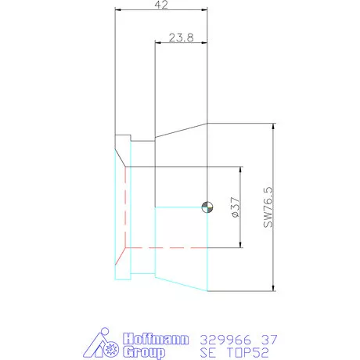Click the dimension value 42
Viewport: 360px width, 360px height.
[161, 5]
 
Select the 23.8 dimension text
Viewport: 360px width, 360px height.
[182, 38]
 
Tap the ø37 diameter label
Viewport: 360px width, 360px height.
[235, 207]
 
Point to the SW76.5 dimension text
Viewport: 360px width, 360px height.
[268, 207]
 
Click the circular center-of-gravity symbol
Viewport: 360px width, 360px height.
[207, 207]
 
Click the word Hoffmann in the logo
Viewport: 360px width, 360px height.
[156, 339]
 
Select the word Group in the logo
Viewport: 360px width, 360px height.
[144, 352]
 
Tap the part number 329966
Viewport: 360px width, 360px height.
[225, 340]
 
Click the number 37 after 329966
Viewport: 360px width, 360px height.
[269, 340]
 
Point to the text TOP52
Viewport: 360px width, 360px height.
[247, 353]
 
